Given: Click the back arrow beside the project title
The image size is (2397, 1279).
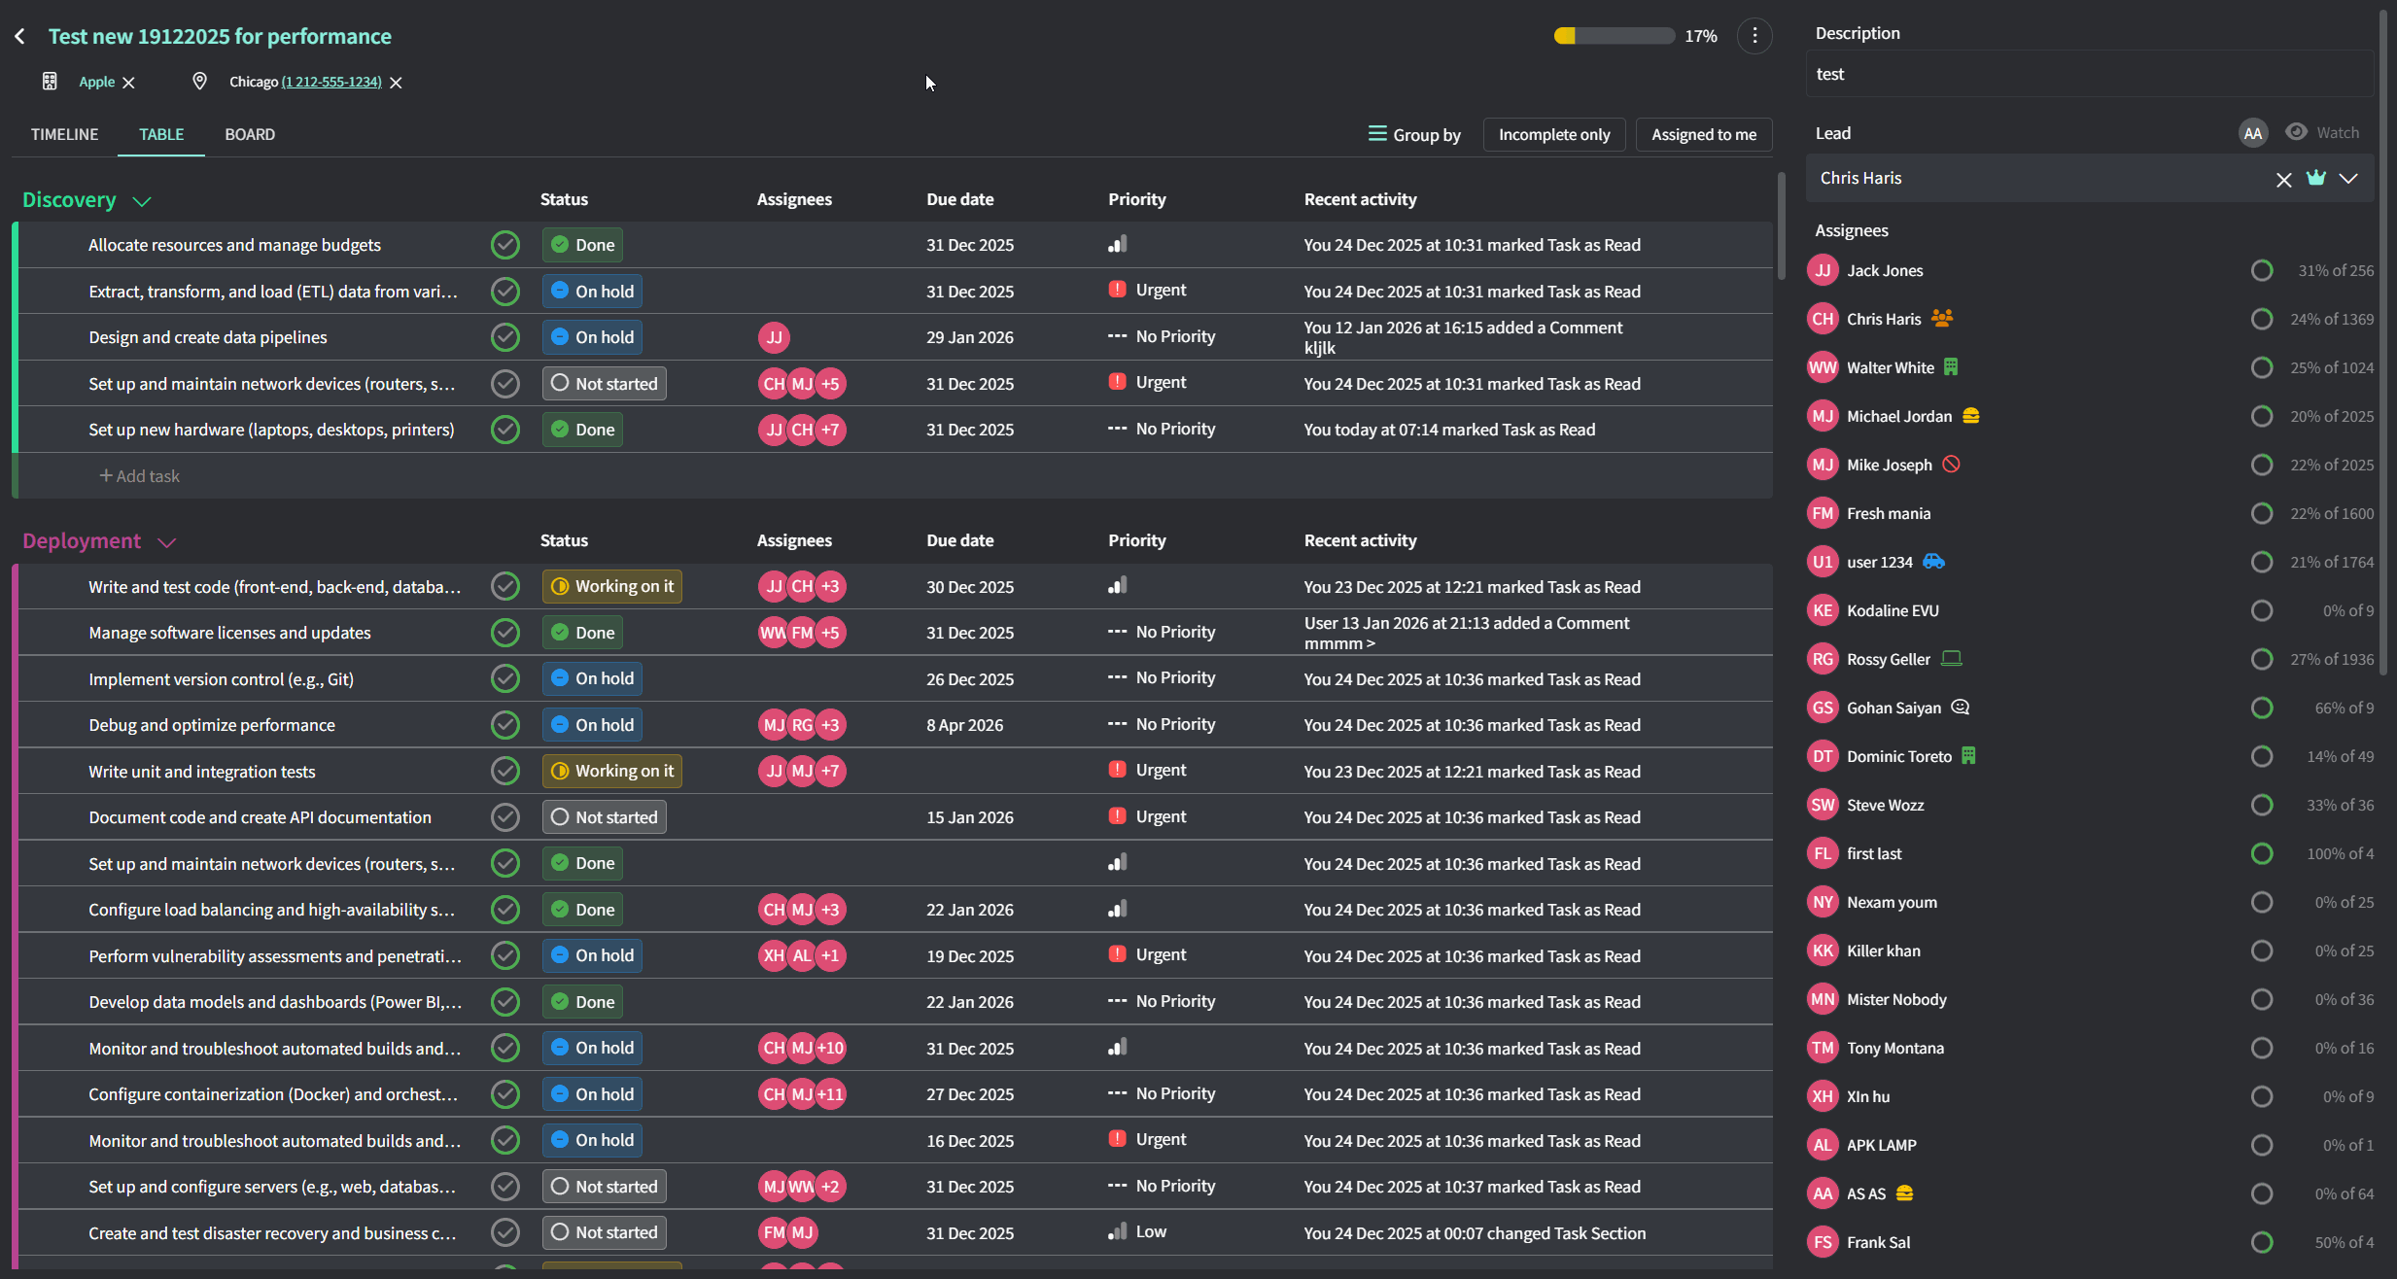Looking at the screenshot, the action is [20, 37].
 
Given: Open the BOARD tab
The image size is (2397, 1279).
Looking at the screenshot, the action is [250, 134].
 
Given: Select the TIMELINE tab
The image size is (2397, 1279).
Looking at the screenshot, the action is [64, 134].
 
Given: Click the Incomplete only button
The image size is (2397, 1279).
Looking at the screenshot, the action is [1553, 134].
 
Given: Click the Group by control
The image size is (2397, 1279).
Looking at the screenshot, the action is [1414, 134].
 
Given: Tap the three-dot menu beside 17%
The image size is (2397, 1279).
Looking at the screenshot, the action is [1754, 36].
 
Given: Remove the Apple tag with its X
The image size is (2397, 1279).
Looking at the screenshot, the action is [128, 83].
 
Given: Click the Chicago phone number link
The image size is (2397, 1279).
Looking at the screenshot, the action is [331, 82].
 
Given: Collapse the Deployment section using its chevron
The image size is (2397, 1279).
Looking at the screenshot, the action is [166, 542].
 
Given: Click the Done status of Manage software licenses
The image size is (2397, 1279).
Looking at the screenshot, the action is [582, 633].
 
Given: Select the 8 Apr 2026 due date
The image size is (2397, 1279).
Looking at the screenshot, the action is [964, 725].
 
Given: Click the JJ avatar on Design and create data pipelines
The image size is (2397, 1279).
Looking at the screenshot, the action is [774, 337].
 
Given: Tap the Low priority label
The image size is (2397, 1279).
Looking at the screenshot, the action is [1151, 1231].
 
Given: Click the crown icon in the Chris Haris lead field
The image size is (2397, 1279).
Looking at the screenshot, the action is [2316, 178].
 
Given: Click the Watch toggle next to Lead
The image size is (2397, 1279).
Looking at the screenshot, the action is [2322, 132].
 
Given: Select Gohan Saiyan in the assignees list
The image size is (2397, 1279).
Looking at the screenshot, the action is [1893, 708].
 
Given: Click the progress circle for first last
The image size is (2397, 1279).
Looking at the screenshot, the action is [2262, 853].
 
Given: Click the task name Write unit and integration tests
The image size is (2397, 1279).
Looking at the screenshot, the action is [202, 772].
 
